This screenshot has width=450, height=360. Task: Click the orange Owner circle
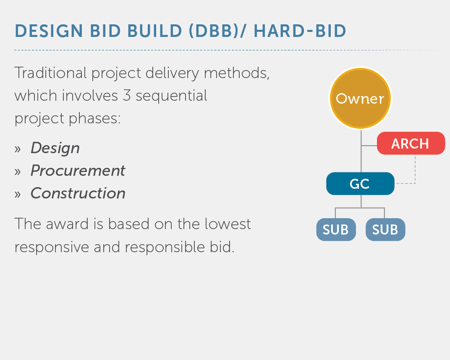point(360,98)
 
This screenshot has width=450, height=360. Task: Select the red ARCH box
point(411,143)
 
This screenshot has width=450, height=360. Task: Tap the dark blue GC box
point(360,184)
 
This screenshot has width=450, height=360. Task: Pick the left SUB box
point(336,230)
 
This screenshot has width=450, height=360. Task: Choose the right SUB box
point(385,230)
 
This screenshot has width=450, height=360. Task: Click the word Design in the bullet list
point(55,149)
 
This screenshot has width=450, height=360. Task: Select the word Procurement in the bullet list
point(78,171)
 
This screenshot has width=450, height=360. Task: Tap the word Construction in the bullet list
point(78,193)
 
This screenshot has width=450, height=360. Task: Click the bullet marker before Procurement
point(18,172)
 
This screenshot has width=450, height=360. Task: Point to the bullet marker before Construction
point(18,195)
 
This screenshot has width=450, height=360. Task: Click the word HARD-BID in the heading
point(300,31)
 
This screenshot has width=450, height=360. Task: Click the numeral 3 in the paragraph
point(127,96)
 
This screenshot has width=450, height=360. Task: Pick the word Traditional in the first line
point(50,73)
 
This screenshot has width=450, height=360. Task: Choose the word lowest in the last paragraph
point(228,224)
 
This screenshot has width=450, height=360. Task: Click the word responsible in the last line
point(165,247)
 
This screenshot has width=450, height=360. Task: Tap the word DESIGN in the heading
point(49,31)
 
